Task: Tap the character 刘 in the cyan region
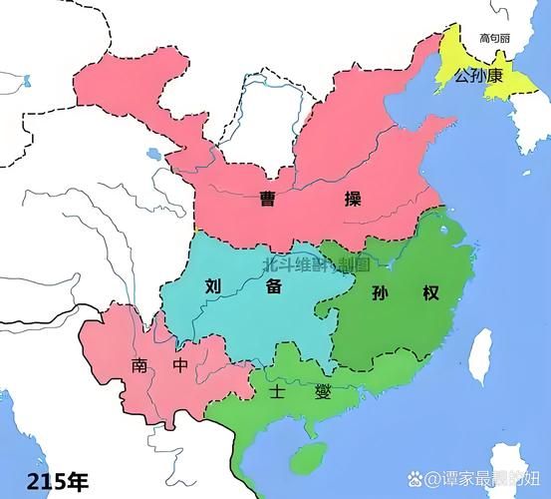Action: click(x=213, y=284)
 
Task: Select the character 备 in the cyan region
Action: click(x=273, y=284)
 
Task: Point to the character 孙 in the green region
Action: click(x=378, y=293)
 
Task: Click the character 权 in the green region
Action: click(x=430, y=293)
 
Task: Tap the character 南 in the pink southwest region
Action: click(x=137, y=366)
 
